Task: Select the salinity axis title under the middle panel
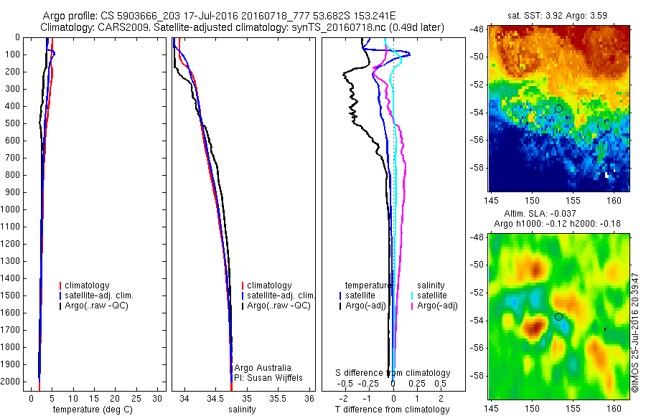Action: pyautogui.click(x=241, y=410)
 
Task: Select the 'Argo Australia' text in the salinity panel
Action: pyautogui.click(x=263, y=368)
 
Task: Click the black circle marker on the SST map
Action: pyautogui.click(x=558, y=108)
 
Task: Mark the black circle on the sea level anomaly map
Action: pyautogui.click(x=558, y=316)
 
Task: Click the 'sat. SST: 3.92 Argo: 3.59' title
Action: pyautogui.click(x=559, y=16)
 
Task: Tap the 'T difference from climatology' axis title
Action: pyautogui.click(x=393, y=410)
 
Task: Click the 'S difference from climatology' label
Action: pyautogui.click(x=393, y=373)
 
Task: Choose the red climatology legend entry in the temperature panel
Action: pyautogui.click(x=85, y=285)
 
